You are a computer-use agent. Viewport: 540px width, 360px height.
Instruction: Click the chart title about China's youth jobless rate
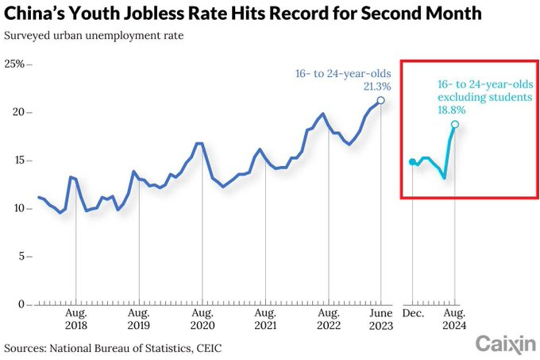tap(242, 13)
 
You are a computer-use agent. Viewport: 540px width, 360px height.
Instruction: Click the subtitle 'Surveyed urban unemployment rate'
tap(94, 36)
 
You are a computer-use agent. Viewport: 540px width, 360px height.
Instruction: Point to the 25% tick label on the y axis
tap(14, 64)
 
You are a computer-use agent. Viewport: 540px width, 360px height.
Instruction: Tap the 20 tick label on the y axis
tap(18, 112)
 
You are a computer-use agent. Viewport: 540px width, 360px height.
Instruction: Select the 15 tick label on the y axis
tap(19, 161)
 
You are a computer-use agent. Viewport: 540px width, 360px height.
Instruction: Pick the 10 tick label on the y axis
tap(19, 208)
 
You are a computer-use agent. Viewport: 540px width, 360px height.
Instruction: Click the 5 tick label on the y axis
tap(21, 257)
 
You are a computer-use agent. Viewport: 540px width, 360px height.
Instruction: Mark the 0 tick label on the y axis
tap(21, 304)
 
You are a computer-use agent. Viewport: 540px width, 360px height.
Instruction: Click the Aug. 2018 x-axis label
tap(76, 319)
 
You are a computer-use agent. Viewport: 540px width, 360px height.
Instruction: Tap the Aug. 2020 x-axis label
tap(202, 319)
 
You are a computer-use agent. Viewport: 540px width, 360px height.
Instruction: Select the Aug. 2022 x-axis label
tap(329, 319)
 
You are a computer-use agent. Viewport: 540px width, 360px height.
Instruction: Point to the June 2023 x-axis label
tap(381, 319)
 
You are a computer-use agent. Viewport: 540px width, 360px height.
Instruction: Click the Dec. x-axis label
tap(413, 313)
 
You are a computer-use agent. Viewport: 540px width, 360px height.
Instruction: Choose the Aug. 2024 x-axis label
tap(454, 319)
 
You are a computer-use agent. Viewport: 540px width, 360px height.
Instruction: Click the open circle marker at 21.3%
tap(380, 100)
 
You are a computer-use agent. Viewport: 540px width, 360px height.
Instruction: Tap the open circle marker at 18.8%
tap(455, 124)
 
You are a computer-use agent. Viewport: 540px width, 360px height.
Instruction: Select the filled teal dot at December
tap(412, 161)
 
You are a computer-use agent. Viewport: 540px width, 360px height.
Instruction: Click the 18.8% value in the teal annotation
tap(452, 110)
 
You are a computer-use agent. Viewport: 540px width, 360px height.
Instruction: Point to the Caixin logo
tap(506, 344)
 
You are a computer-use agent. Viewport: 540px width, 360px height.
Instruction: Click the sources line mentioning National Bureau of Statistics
tap(113, 348)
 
